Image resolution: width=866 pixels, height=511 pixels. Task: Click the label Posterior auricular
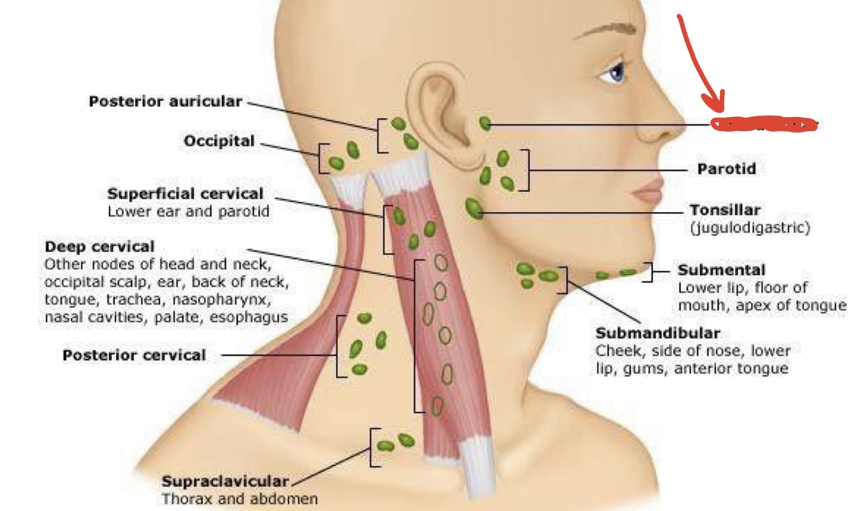(x=165, y=101)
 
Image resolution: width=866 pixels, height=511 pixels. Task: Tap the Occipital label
(x=219, y=141)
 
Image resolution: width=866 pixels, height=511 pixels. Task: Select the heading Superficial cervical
(x=185, y=194)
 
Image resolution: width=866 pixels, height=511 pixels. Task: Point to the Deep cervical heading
(x=100, y=246)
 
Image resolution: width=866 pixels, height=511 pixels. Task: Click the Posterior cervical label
(x=134, y=355)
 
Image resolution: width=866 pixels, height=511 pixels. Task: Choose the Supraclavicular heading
(x=225, y=481)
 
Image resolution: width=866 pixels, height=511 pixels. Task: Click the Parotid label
(x=726, y=169)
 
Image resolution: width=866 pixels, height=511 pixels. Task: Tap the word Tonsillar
(x=725, y=210)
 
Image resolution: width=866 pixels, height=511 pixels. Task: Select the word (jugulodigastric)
(x=750, y=227)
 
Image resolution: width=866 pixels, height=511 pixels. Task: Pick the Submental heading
(x=722, y=270)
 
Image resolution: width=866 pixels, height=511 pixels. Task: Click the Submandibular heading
(x=658, y=333)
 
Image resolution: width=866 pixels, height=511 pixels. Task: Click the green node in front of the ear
(x=485, y=123)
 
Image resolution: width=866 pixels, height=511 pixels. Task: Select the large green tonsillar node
(x=474, y=208)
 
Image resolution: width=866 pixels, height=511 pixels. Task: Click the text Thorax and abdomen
(x=240, y=499)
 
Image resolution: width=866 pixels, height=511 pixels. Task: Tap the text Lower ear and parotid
(x=188, y=211)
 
